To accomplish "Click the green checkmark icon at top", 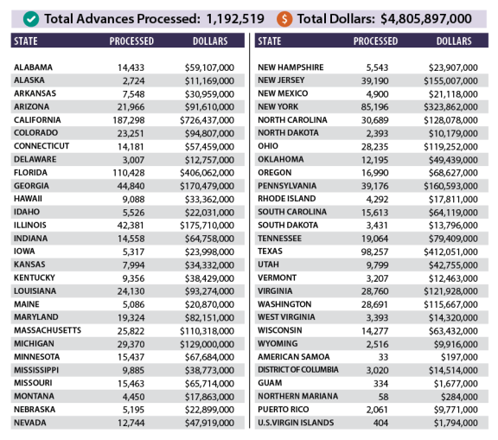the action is click(31, 19).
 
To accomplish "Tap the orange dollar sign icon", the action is click(284, 19).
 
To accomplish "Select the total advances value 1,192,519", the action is click(235, 19).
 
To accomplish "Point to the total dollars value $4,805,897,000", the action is click(426, 19).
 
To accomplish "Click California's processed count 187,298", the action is click(129, 120).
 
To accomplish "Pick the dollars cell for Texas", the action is click(450, 252).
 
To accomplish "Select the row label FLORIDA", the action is click(30, 173).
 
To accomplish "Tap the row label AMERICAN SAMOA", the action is click(294, 357).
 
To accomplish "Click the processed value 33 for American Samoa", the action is click(383, 358).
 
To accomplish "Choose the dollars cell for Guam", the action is click(456, 384).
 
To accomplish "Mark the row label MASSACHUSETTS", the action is click(48, 330).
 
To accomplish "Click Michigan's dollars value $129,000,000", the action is click(207, 344).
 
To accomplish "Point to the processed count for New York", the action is click(374, 107).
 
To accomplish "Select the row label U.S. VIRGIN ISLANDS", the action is click(296, 423).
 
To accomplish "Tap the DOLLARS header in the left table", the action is click(210, 41).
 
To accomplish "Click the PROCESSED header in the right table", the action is click(375, 41).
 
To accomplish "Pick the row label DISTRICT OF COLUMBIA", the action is click(298, 370).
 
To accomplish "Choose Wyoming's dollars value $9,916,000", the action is click(456, 344).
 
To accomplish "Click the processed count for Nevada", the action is click(131, 424).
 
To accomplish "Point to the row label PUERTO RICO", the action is click(284, 410).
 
